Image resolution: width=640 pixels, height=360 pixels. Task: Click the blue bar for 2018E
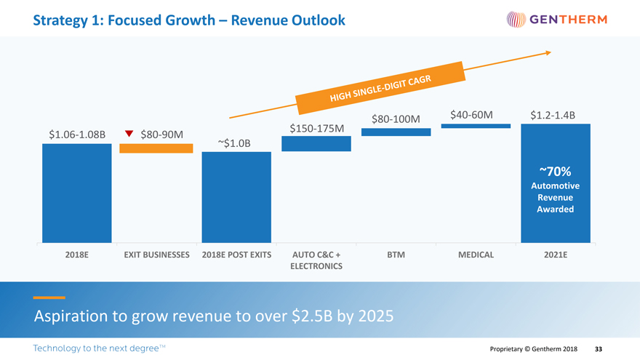76,193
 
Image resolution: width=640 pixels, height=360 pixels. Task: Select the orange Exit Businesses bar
156,148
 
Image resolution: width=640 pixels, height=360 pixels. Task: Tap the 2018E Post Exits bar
236,197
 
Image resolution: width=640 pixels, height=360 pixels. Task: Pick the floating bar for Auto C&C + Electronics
316,143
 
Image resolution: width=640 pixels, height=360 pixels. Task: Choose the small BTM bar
396,132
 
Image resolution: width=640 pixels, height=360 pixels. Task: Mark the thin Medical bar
476,126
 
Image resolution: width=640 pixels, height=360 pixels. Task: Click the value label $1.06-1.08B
77,134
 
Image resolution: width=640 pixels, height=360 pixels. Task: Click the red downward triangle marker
129,133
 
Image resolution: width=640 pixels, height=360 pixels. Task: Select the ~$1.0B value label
233,143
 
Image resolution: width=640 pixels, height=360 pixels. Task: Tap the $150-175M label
316,129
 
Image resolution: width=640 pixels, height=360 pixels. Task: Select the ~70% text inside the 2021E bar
555,172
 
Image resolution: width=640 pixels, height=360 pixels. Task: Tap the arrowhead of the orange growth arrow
548,52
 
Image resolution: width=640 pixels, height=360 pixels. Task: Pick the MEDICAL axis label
476,255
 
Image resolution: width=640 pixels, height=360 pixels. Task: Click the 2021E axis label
556,255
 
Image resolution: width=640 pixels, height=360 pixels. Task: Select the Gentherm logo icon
514,19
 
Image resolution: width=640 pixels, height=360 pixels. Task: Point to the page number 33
599,349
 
